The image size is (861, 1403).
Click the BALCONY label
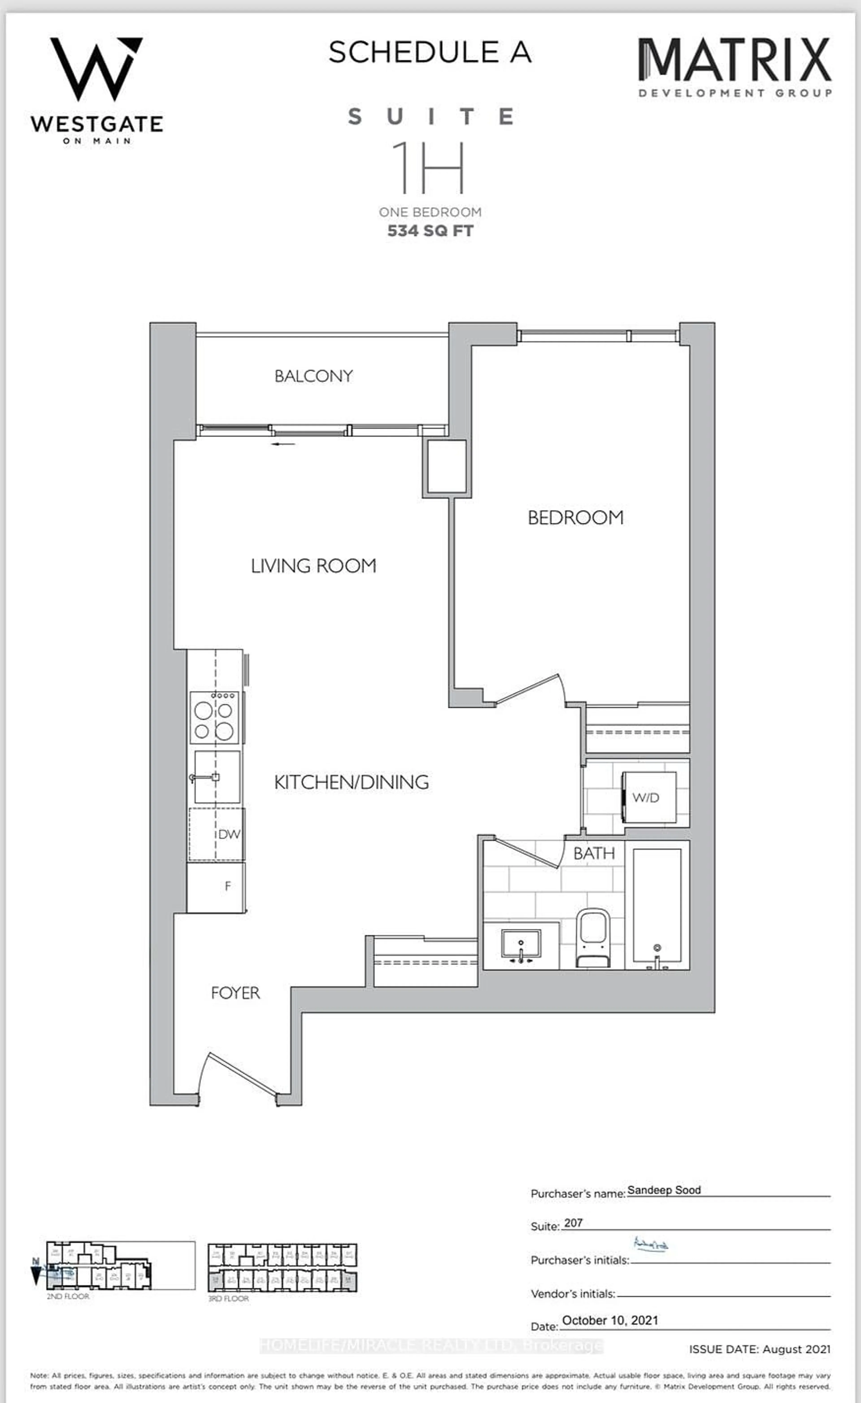[314, 376]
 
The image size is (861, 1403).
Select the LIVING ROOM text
[314, 566]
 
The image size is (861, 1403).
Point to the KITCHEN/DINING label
[351, 782]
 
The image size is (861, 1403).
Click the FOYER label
[235, 993]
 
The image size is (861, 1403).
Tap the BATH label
[594, 853]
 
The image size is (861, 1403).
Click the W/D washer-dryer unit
[649, 797]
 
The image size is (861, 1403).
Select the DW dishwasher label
[229, 834]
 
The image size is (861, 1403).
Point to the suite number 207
[573, 1223]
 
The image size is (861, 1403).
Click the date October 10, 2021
[610, 1320]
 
